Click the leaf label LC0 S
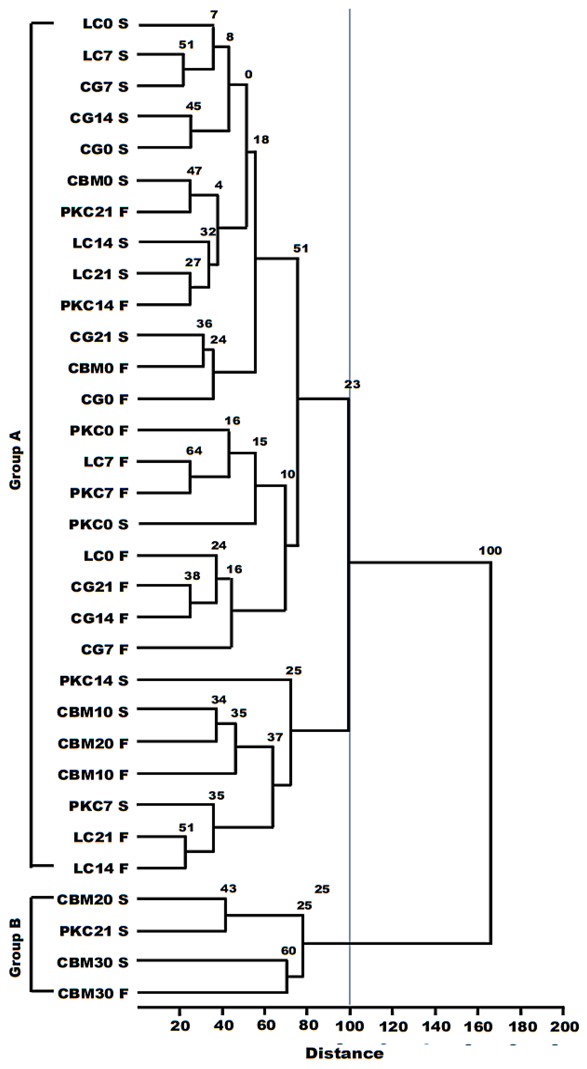coord(105,24)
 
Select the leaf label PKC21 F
coord(94,212)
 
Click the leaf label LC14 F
coord(101,868)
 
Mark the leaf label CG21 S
coord(99,337)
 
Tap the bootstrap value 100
coord(490,551)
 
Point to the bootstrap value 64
coord(194,451)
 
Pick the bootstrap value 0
coord(248,75)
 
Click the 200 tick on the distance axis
coord(563,1024)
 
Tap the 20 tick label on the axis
coord(180,1024)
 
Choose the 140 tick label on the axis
coord(436,1024)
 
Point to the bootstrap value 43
coord(228,888)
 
